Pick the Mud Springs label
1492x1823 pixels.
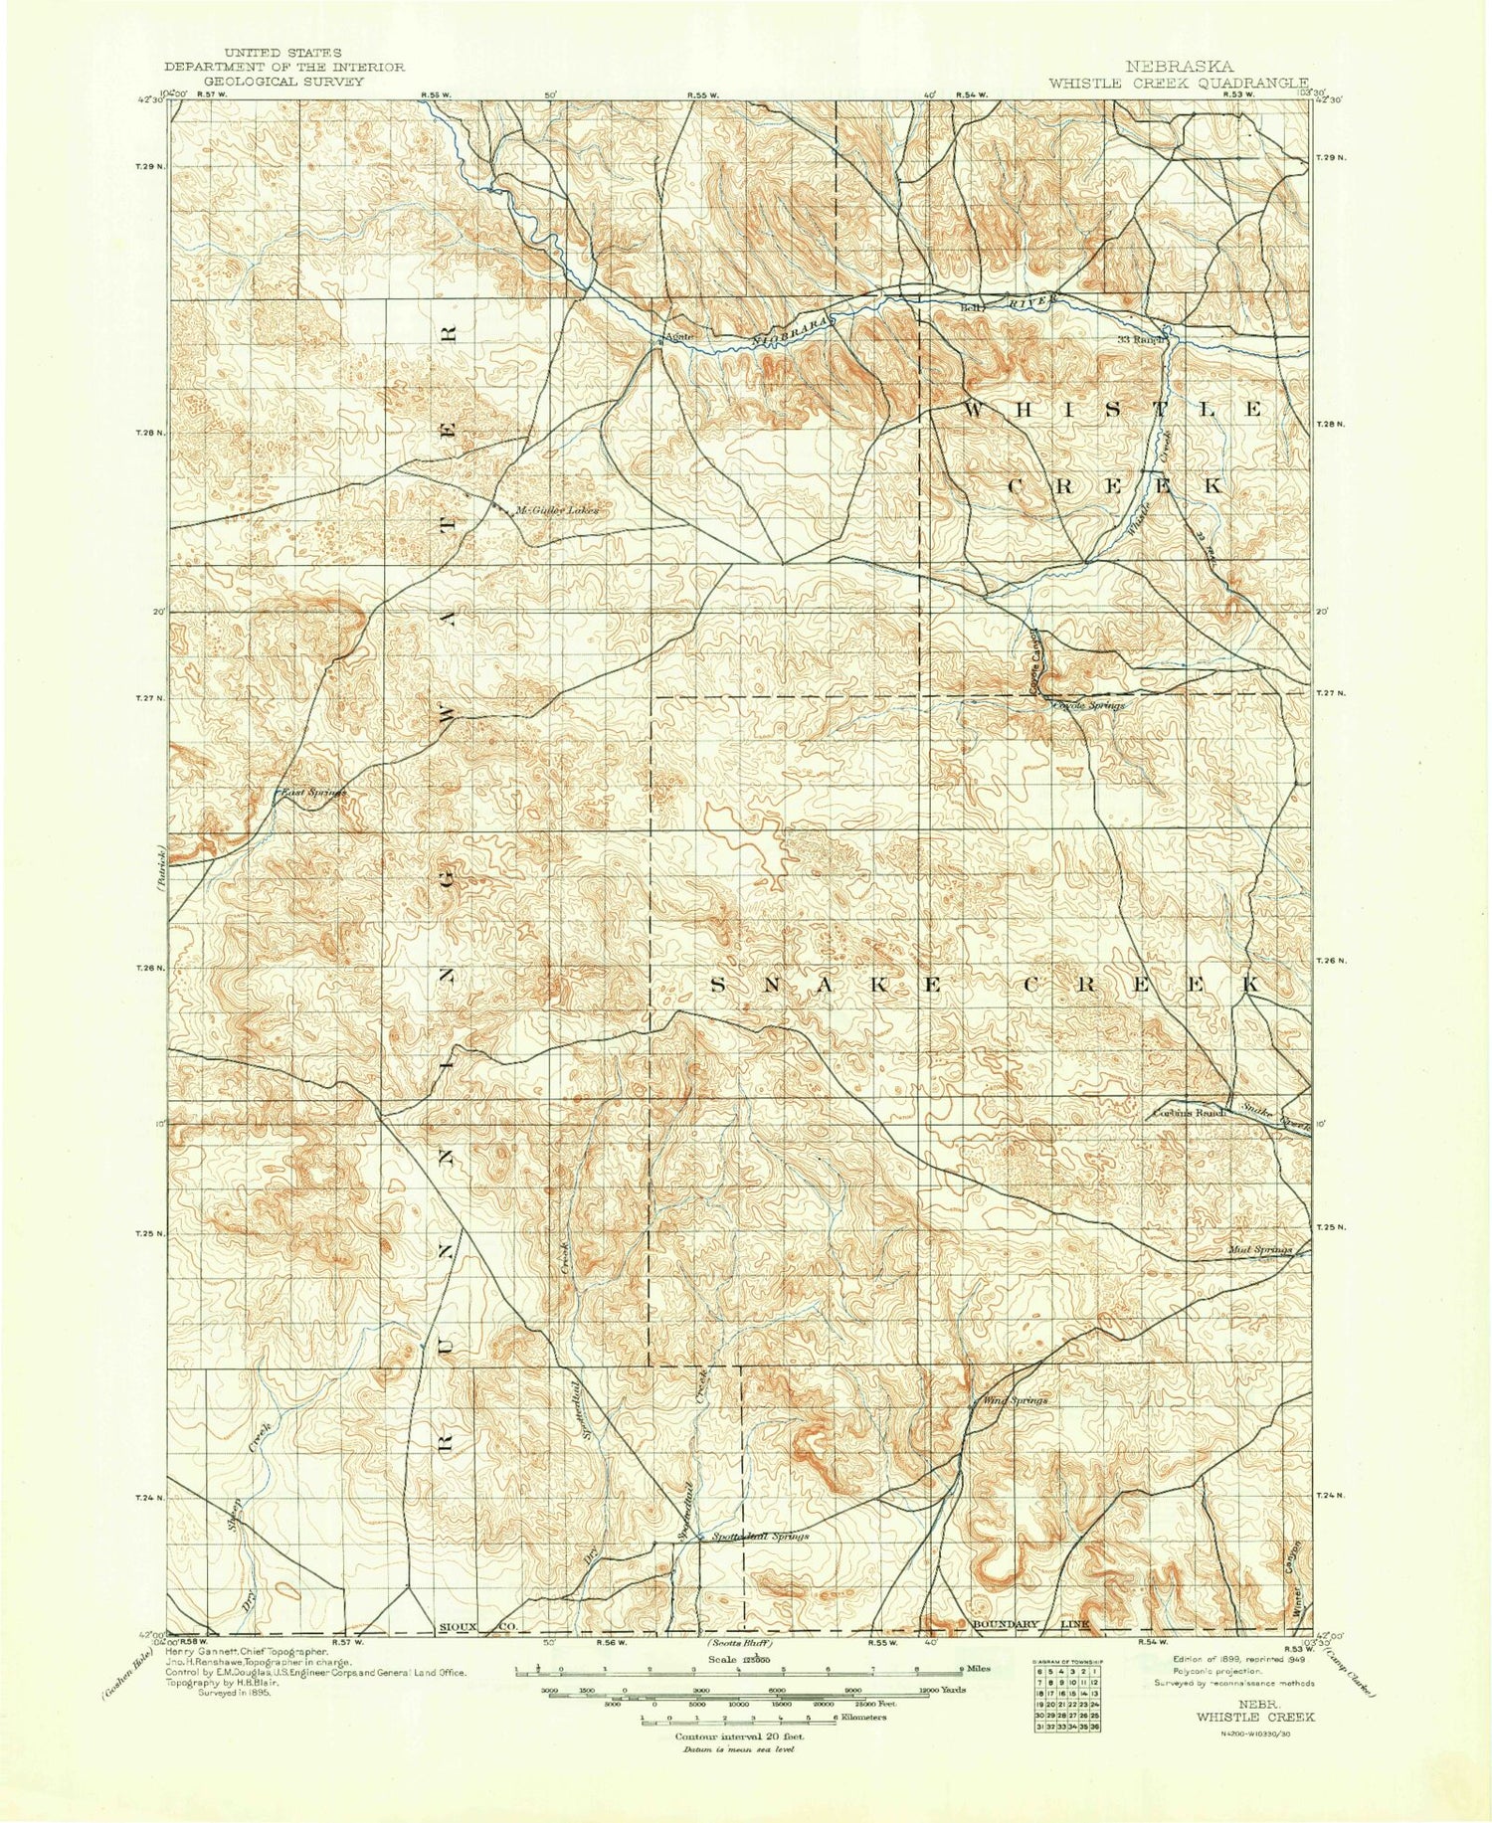coord(1259,1249)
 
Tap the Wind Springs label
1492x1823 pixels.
coord(1015,1400)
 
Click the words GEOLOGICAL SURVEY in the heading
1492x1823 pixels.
coord(283,82)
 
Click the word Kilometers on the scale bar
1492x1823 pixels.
coord(861,1718)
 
